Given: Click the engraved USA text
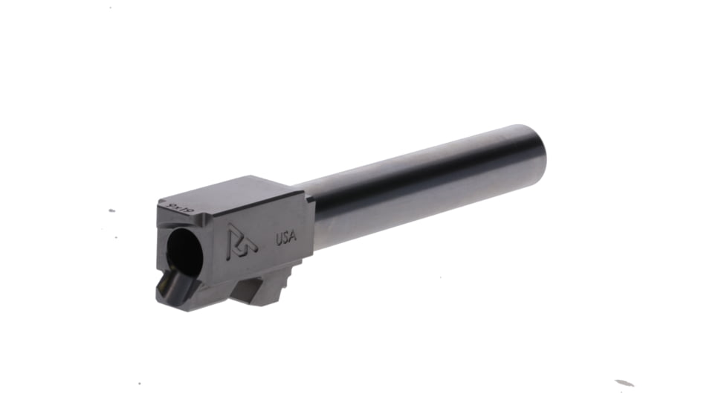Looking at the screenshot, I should pyautogui.click(x=286, y=239).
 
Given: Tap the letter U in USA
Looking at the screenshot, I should pyautogui.click(x=279, y=240).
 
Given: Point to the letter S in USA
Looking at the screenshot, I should pyautogui.click(x=286, y=239).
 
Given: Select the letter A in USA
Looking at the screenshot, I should pyautogui.click(x=294, y=237).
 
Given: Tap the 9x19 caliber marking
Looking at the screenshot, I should pyautogui.click(x=181, y=206).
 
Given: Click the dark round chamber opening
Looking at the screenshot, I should pyautogui.click(x=183, y=253).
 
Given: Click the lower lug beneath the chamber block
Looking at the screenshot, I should pyautogui.click(x=264, y=286).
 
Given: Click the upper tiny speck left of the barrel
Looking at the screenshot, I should pyautogui.click(x=112, y=210).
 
